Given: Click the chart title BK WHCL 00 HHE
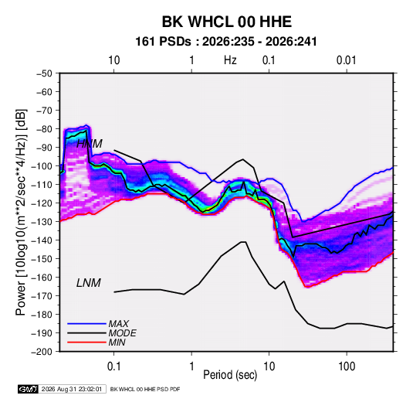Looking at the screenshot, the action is (x=226, y=22).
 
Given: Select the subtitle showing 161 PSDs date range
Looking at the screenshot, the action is (x=226, y=42).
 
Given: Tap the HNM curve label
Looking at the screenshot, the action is (x=90, y=144).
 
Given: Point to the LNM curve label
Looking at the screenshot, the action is (x=89, y=283).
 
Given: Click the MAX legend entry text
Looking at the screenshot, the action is (x=119, y=323).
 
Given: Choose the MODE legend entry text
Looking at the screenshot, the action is (x=122, y=333).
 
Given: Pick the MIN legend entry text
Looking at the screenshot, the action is (x=117, y=343).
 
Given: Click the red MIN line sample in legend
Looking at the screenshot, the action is (x=86, y=343).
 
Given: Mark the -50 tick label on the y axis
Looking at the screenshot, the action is (x=44, y=73).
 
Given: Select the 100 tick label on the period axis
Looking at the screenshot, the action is (x=347, y=366).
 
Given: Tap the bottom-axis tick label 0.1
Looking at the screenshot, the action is (x=113, y=366).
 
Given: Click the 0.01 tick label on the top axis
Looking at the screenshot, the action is (x=347, y=60).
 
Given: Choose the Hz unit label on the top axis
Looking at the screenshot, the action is (x=230, y=60).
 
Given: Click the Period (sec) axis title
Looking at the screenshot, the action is (x=230, y=375).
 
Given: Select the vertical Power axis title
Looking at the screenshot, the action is (x=21, y=213).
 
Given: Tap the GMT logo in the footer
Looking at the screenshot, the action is (x=29, y=389).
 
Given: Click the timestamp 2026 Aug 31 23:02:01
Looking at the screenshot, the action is (x=72, y=389).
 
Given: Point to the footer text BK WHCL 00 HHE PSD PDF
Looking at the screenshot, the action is (x=145, y=389).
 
